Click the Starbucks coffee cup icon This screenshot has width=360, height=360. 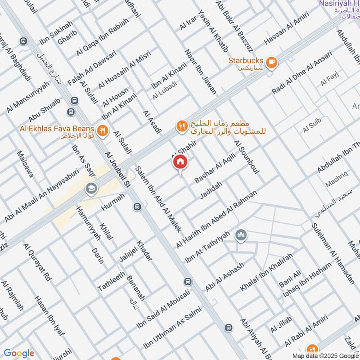[271, 63]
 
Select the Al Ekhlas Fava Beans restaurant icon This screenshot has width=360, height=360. [103, 130]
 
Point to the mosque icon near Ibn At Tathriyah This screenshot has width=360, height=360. [242, 235]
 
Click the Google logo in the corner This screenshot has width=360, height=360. [19, 353]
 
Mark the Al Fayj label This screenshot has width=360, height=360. [329, 81]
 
